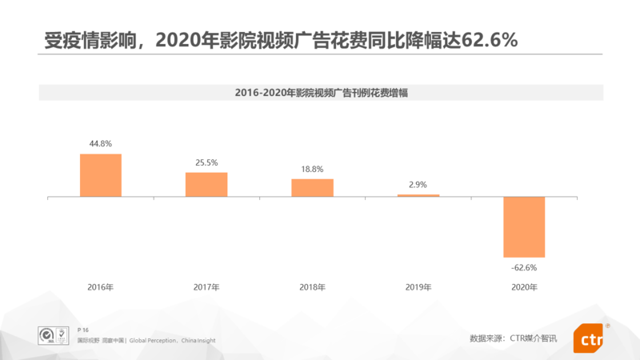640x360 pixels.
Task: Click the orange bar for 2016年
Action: point(101,174)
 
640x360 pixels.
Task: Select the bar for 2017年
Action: point(206,184)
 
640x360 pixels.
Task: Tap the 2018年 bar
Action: point(312,187)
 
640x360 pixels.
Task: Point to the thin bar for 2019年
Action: point(418,195)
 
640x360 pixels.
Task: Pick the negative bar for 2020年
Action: point(524,226)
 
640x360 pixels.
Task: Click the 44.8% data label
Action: point(101,144)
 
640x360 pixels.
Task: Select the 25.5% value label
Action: point(206,163)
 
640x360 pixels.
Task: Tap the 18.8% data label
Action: point(312,170)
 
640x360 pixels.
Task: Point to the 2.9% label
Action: point(418,185)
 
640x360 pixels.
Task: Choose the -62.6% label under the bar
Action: point(524,267)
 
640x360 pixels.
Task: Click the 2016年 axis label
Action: point(101,286)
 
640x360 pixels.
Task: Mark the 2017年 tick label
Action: point(206,286)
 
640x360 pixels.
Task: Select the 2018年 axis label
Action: point(312,286)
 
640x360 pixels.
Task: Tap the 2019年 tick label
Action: point(418,286)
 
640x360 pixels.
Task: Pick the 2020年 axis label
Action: point(524,286)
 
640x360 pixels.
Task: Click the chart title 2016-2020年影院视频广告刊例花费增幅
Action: point(320,93)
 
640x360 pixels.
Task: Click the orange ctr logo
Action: point(588,338)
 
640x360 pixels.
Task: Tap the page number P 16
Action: point(83,330)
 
